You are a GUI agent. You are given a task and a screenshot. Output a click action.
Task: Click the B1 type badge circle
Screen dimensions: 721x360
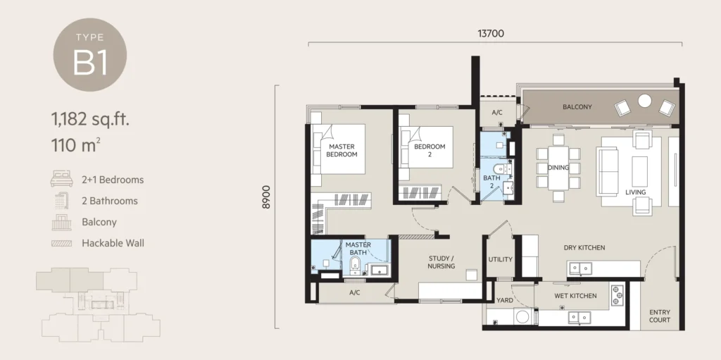(90, 55)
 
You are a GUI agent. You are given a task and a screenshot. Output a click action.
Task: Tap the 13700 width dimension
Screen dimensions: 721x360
(491, 34)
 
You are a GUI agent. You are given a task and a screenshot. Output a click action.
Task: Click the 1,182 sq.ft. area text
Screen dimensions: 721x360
(90, 119)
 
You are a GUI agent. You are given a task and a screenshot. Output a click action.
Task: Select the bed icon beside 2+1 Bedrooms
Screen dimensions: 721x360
(62, 179)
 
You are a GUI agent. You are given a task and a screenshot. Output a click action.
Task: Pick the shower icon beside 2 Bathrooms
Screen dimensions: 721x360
(62, 200)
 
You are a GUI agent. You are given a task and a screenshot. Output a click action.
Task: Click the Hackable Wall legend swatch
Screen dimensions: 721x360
(62, 243)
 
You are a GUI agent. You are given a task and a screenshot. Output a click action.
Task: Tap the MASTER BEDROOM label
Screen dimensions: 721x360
(341, 151)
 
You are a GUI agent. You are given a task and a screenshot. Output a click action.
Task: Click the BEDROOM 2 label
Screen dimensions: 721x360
(430, 151)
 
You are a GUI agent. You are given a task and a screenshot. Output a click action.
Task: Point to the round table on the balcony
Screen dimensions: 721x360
(645, 101)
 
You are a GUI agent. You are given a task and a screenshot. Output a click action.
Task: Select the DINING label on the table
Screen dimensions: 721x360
(558, 168)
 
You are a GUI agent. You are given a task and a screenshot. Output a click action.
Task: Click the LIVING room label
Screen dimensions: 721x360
(636, 192)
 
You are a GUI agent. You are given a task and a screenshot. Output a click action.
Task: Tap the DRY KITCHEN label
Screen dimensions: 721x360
(584, 248)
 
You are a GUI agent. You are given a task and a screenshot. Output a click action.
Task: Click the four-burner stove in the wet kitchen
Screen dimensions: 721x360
(617, 296)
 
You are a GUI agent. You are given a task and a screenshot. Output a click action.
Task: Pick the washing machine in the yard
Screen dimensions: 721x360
(523, 317)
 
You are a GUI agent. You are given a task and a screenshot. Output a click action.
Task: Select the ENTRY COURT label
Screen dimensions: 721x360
(660, 316)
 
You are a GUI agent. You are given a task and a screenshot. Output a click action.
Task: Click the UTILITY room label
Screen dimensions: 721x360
(501, 260)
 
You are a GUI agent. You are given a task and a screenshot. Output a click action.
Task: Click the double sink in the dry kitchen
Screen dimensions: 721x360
(579, 268)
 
